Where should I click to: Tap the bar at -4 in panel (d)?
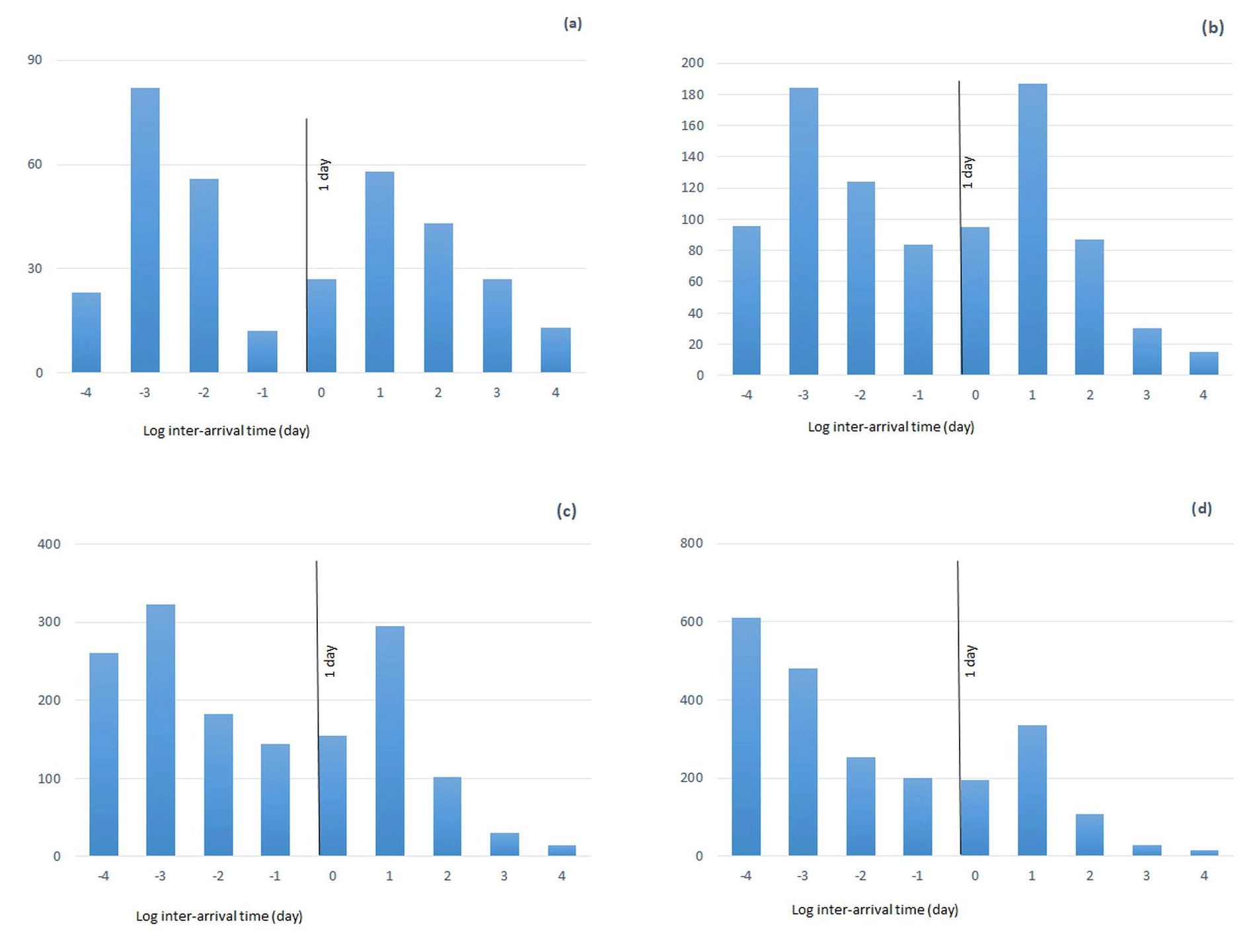pos(746,736)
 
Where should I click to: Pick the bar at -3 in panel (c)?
pos(161,730)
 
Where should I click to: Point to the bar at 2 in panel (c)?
pos(447,816)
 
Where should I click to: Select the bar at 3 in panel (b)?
pos(1147,352)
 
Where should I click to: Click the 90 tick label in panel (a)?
pos(34,60)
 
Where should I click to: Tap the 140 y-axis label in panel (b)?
pos(692,157)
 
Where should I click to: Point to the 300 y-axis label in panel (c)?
pos(49,622)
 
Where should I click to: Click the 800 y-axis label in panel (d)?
pos(691,543)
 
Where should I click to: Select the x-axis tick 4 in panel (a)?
pos(555,393)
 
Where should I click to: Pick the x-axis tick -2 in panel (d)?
pos(860,876)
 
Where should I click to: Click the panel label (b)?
pos(1212,28)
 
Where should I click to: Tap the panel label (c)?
pos(566,511)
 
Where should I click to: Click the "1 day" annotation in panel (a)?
pos(323,175)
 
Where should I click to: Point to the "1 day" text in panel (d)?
pos(970,661)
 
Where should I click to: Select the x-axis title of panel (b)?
pos(890,427)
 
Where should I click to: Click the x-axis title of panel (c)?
pos(219,916)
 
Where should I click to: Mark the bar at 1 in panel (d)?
pos(1032,791)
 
